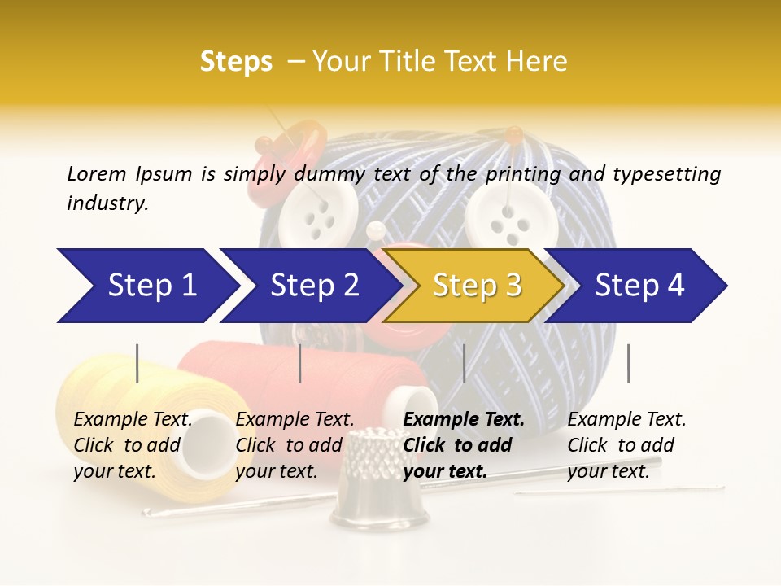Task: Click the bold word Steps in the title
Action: (x=236, y=62)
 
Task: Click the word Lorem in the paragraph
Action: (x=96, y=173)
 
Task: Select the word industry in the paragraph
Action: (x=107, y=203)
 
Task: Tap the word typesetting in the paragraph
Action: (x=666, y=173)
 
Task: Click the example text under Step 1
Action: (x=133, y=444)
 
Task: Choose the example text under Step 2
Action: (x=295, y=444)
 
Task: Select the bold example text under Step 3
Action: (x=464, y=444)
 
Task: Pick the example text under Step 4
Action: (x=626, y=444)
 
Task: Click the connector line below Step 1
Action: (x=137, y=363)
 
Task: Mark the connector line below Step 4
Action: (x=628, y=363)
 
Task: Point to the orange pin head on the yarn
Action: (x=513, y=132)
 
